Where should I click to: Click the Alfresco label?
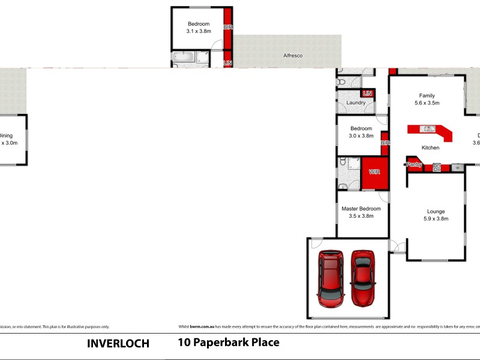pos(293,56)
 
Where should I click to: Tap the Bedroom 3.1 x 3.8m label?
pos(198,27)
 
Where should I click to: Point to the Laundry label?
pos(356,103)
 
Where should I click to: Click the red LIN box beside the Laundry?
pos(367,93)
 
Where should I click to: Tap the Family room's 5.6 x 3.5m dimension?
pos(427,103)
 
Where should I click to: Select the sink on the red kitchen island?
pos(428,129)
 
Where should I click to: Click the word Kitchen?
pos(430,148)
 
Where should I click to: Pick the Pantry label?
pos(414,164)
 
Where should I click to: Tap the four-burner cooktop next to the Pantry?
pos(437,167)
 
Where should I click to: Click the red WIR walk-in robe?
pos(374,173)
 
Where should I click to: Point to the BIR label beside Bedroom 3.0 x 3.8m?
pos(385,143)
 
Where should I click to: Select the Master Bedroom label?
pos(361,209)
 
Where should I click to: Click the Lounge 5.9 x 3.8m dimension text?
pos(436,219)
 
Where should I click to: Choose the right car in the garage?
pos(362,277)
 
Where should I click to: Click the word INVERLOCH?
pos(118,344)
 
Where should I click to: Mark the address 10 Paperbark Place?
pos(229,343)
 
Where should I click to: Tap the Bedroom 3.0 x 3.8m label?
pos(361,132)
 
